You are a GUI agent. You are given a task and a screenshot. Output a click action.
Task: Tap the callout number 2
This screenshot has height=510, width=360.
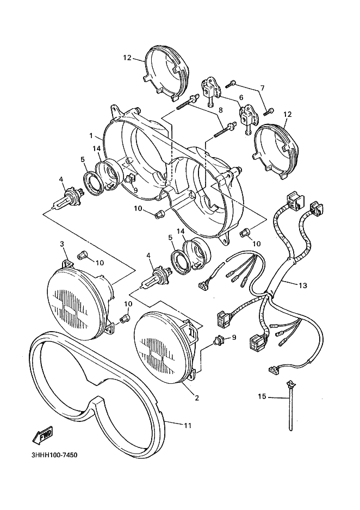coord(197,398)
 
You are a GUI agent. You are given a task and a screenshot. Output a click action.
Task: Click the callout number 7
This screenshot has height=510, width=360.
coord(262,88)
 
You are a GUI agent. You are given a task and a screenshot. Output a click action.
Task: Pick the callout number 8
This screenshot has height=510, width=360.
coord(221,111)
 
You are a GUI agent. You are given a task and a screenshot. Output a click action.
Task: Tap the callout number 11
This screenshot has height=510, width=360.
coord(187,426)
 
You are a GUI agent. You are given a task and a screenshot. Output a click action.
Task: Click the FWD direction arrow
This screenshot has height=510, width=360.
coord(42,435)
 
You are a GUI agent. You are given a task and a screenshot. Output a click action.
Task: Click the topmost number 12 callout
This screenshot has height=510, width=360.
coord(127,57)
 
